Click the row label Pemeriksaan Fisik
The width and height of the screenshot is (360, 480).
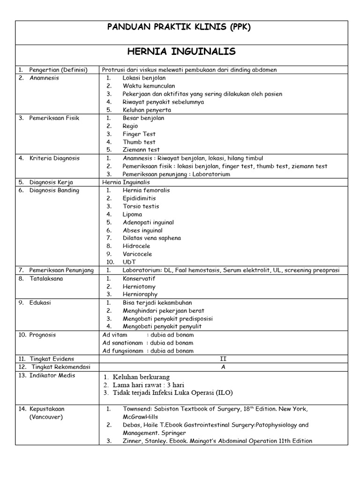[54, 118]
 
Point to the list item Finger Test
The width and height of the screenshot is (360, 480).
[139, 134]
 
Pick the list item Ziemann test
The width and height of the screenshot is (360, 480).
[141, 150]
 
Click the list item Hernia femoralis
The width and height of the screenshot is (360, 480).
[146, 190]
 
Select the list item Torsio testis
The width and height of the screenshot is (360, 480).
[141, 206]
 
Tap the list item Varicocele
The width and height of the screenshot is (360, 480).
[138, 254]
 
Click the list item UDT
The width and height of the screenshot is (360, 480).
[129, 262]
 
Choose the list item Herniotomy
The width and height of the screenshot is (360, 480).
[139, 286]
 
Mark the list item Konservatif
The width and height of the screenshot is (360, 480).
[139, 278]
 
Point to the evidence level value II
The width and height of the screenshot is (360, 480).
[223, 359]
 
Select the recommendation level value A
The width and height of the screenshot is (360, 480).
[223, 367]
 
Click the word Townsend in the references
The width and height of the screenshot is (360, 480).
[138, 409]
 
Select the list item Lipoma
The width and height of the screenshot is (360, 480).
[133, 214]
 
